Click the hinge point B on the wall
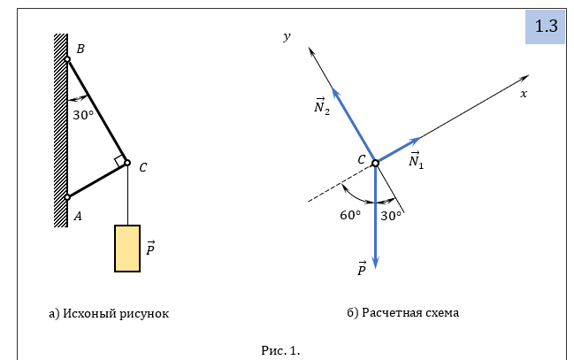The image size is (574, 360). [x=67, y=59]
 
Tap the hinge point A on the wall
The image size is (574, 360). [x=67, y=197]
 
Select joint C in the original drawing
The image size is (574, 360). [x=127, y=163]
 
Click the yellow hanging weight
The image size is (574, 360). [x=127, y=249]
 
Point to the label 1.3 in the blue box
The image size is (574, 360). [x=547, y=27]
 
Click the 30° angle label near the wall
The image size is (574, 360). [x=83, y=115]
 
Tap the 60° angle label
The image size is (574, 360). [x=350, y=215]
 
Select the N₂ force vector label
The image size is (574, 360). [x=322, y=106]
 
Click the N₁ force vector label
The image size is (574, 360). [x=417, y=160]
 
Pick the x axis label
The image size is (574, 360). [x=524, y=94]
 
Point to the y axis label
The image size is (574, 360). [x=287, y=36]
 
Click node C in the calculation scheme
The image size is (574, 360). [x=375, y=163]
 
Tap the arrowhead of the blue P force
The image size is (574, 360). [x=375, y=264]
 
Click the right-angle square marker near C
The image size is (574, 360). [x=119, y=160]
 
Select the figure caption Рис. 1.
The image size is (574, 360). [x=280, y=351]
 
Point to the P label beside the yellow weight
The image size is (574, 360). [x=150, y=249]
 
